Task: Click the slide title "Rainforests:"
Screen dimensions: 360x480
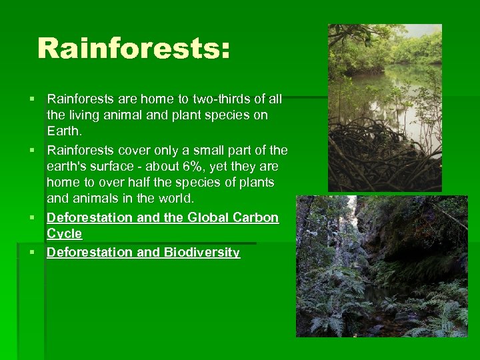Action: tap(133, 49)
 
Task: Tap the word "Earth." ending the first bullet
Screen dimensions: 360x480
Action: tap(64, 131)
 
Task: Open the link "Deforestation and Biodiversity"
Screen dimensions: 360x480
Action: tap(143, 253)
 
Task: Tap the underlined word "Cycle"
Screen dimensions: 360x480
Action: tap(64, 234)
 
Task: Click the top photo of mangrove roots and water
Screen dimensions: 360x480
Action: tap(385, 108)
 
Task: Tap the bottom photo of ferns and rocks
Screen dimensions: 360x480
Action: tap(382, 266)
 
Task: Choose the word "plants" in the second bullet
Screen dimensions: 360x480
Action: tap(256, 182)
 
